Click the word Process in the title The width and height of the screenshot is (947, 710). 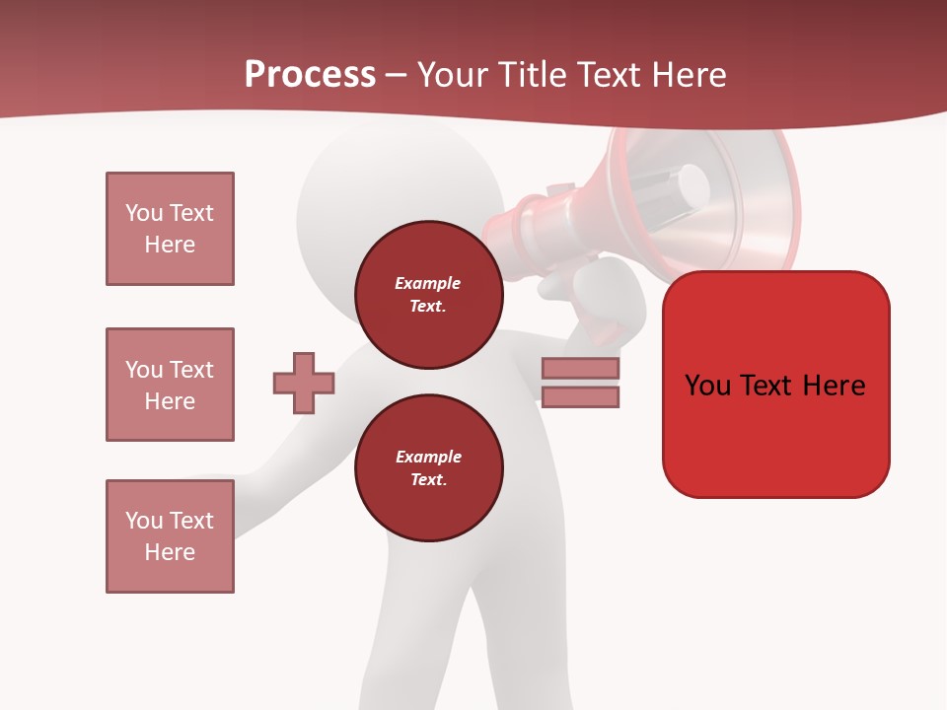pos(310,75)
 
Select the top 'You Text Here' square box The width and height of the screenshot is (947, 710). pos(170,229)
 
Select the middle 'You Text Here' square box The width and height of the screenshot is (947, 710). pos(170,385)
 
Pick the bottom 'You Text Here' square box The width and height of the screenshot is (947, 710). pos(170,536)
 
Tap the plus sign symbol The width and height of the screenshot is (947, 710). pos(303,383)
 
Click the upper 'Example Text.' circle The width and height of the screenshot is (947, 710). pos(429,295)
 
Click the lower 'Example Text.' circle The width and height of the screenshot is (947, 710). pos(429,468)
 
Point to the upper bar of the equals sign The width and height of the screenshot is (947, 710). pos(580,369)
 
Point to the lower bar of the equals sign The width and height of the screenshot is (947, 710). pos(580,397)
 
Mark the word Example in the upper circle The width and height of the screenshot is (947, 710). pos(427,283)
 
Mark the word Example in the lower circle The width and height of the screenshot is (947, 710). pos(428,457)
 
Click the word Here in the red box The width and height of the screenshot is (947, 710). pos(835,386)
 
